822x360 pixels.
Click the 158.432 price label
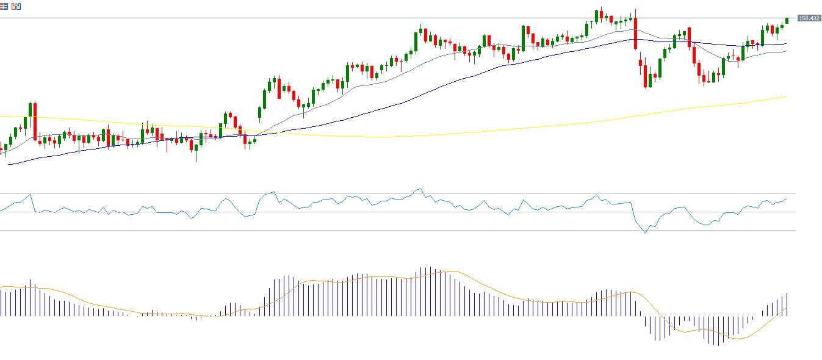coord(809,18)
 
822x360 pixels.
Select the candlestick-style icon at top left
coord(16,6)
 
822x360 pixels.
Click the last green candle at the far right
coord(787,21)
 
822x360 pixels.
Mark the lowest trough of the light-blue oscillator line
coord(645,232)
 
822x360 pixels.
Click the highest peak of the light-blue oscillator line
coord(419,189)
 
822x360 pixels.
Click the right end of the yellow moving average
coord(786,96)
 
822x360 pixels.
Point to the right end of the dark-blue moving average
coord(786,44)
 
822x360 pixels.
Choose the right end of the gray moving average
coord(786,51)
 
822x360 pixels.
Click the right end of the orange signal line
coord(786,308)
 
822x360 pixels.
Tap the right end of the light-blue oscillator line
coord(787,199)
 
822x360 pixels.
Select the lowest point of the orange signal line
coord(737,339)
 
